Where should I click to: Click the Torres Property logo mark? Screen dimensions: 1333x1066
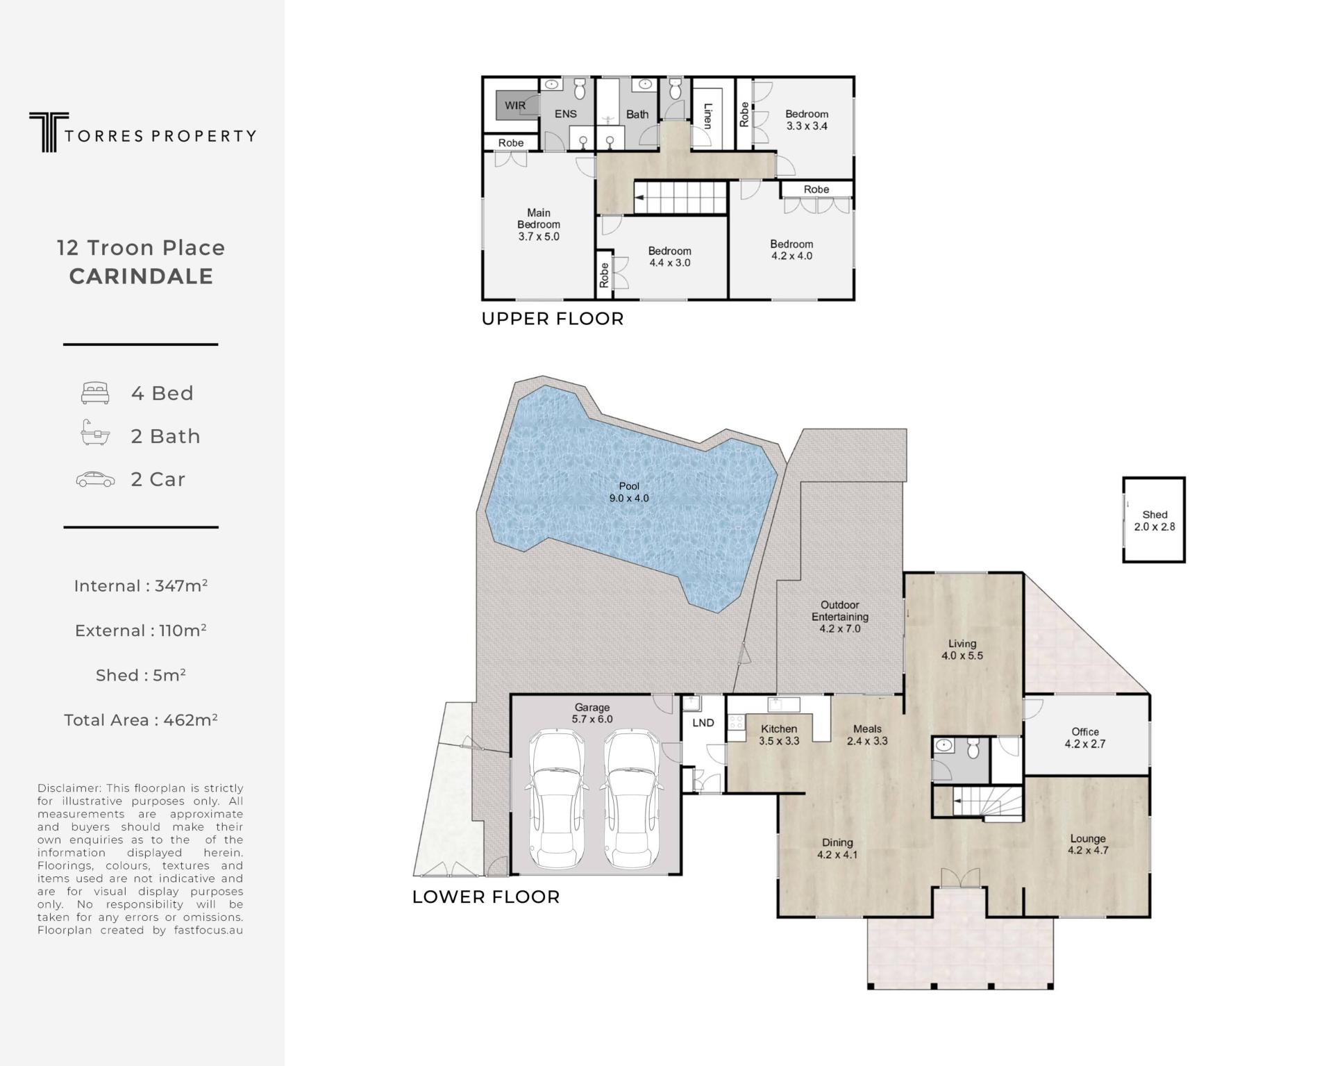pyautogui.click(x=48, y=132)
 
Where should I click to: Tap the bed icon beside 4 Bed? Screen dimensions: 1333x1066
pyautogui.click(x=95, y=393)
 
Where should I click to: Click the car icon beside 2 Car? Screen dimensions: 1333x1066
pyautogui.click(x=95, y=479)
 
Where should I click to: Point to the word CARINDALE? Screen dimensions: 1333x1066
pyautogui.click(x=141, y=276)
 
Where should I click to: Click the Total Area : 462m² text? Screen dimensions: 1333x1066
pyautogui.click(x=141, y=719)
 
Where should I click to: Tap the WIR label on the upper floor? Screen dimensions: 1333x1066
pyautogui.click(x=515, y=106)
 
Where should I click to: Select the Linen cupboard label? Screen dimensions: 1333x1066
pyautogui.click(x=707, y=116)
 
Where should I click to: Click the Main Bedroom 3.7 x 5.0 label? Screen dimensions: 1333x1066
pyautogui.click(x=539, y=224)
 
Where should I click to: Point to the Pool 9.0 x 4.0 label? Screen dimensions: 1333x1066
pyautogui.click(x=629, y=492)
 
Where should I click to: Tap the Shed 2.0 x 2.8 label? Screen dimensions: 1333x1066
pyautogui.click(x=1155, y=521)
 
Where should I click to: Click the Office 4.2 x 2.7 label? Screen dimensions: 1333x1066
pyautogui.click(x=1085, y=738)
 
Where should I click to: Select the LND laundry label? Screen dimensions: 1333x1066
pyautogui.click(x=703, y=723)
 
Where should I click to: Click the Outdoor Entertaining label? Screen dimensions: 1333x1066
pyautogui.click(x=840, y=617)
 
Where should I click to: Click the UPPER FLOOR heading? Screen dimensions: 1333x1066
pyautogui.click(x=553, y=319)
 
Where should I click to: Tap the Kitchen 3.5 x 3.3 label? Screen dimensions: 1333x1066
pyautogui.click(x=779, y=735)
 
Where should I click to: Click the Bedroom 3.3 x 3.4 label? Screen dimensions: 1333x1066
pyautogui.click(x=807, y=120)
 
